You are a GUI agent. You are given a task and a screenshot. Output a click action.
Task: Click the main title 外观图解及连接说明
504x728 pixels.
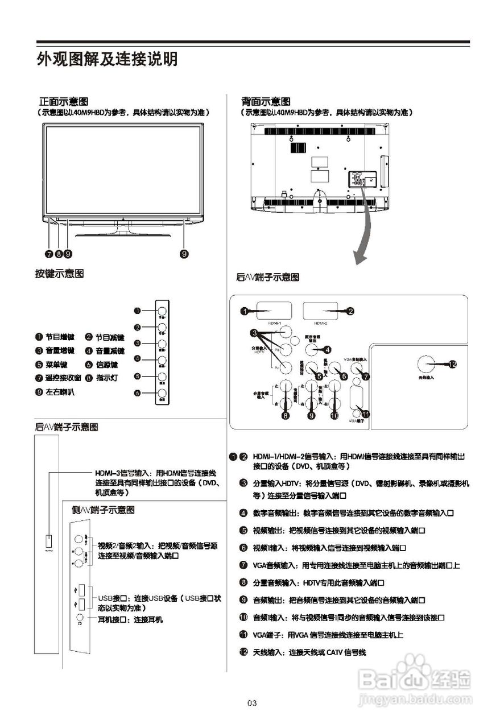click(107, 59)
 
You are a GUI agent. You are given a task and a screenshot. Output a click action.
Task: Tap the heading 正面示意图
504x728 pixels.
click(63, 101)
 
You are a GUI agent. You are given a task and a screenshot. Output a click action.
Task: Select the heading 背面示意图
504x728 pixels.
click(265, 101)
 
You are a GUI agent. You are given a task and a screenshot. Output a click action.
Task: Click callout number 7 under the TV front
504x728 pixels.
click(50, 254)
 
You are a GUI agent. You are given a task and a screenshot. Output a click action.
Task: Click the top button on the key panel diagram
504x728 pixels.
click(162, 311)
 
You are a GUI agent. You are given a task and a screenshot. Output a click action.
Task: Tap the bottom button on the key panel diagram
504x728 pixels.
click(162, 392)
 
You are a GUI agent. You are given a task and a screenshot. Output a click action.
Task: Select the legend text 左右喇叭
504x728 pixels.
click(60, 392)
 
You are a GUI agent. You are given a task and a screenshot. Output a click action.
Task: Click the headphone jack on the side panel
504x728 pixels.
click(80, 617)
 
